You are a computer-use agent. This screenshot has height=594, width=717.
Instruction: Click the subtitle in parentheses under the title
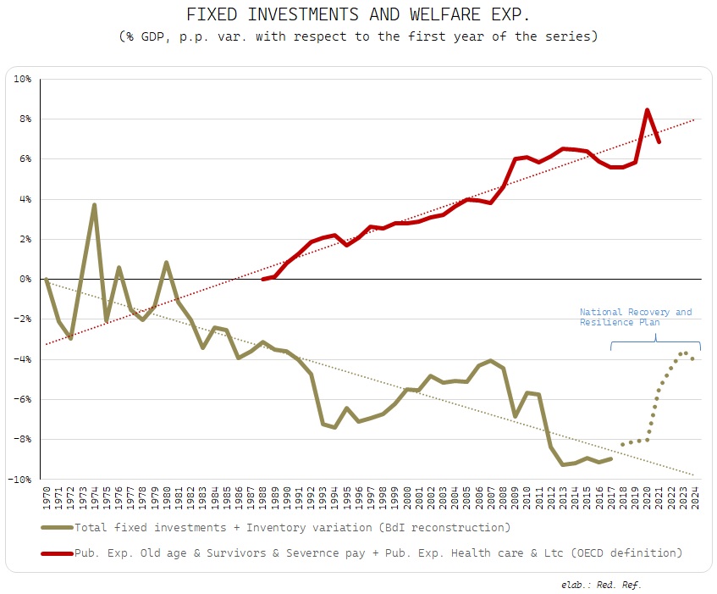click(359, 37)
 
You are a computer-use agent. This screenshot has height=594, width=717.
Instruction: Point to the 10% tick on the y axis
click(22, 79)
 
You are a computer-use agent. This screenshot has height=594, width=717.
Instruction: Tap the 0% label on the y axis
click(25, 279)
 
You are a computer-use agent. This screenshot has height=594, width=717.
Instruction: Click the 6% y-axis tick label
click(25, 158)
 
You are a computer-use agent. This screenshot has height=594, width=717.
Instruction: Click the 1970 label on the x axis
click(46, 497)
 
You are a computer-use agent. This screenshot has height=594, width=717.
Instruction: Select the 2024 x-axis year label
click(694, 497)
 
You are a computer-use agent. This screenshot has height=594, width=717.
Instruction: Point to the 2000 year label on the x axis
click(406, 497)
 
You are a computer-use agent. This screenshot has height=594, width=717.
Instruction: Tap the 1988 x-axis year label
click(262, 497)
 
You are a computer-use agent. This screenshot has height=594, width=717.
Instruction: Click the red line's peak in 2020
click(647, 109)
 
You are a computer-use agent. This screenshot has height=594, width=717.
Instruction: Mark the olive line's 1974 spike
click(94, 204)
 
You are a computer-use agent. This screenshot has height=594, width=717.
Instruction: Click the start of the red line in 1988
click(263, 279)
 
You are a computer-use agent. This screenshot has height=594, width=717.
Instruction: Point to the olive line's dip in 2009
click(515, 416)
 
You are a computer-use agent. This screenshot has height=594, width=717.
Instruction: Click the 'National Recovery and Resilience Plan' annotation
click(636, 317)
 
